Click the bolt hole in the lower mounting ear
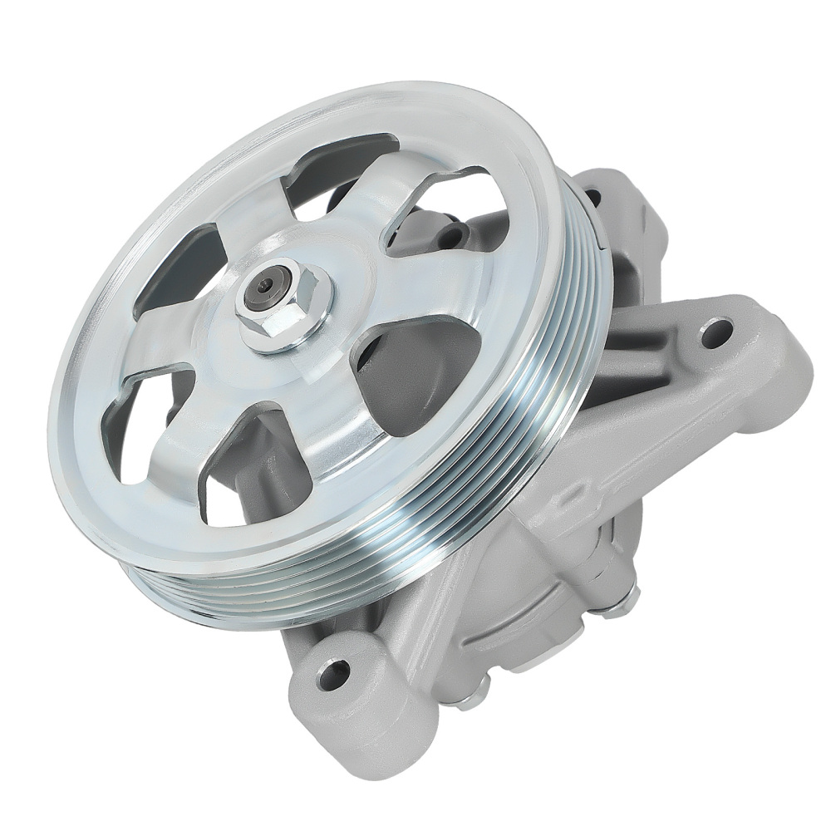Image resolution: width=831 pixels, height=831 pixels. click(x=336, y=671)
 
